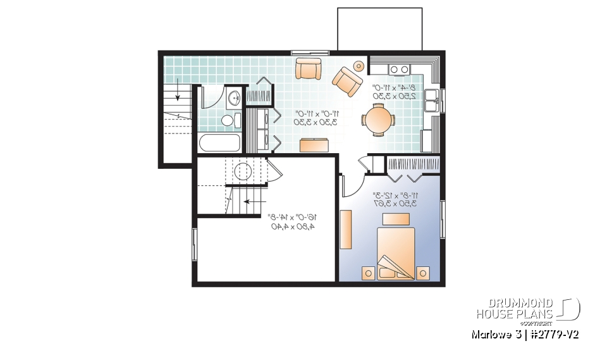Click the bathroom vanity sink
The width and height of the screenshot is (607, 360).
(x=234, y=97)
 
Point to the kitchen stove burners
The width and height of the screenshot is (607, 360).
(x=399, y=69)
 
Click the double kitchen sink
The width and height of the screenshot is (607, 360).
(x=432, y=97)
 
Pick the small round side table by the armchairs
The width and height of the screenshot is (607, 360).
(x=359, y=65)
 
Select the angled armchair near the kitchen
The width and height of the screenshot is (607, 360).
(x=346, y=80)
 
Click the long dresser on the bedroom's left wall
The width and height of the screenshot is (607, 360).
(x=346, y=228)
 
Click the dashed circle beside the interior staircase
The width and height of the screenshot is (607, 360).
(x=243, y=171)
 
